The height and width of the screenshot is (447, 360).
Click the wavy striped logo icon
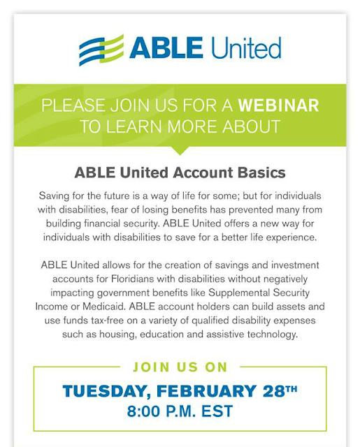pos(101,50)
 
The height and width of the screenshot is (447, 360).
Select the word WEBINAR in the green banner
pos(278,106)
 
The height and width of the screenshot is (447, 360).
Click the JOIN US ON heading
pos(180,367)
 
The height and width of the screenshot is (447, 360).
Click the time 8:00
pos(147,411)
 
